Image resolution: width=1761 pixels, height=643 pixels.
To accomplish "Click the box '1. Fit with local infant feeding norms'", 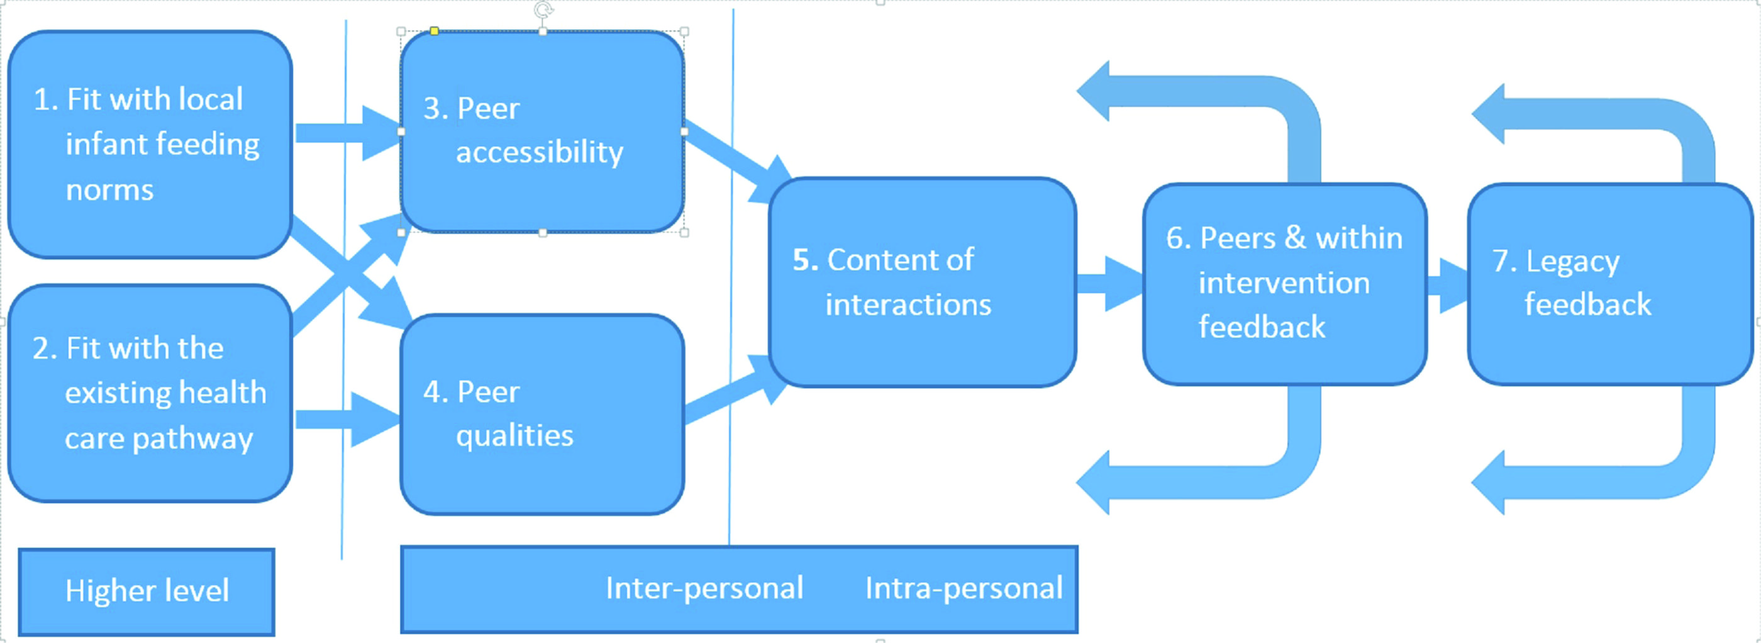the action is [x=150, y=144].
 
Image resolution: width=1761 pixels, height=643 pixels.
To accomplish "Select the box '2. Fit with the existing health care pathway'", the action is [x=150, y=393].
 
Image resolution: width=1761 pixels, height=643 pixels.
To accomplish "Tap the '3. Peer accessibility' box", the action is [x=543, y=131].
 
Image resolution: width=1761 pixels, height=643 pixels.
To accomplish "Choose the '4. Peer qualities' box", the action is [x=543, y=415].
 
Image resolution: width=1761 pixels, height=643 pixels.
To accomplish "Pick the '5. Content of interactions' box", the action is [x=923, y=282].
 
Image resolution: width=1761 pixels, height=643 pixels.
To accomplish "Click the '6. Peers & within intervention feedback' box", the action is [x=1285, y=284].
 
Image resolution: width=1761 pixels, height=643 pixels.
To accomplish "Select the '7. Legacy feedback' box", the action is [x=1611, y=284].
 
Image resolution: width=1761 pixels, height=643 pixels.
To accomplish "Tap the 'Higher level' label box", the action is [x=147, y=591].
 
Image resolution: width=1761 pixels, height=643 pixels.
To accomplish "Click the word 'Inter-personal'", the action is [x=704, y=588].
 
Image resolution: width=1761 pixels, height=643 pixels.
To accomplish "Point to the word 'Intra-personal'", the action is [x=964, y=588].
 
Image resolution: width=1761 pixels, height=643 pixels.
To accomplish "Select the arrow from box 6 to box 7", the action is [x=1448, y=285].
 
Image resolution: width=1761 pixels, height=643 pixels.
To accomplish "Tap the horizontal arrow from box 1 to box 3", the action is [x=347, y=133].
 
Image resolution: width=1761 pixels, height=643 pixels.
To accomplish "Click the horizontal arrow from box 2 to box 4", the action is [x=347, y=419].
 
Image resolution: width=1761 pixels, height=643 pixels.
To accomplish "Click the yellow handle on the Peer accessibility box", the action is [x=434, y=31].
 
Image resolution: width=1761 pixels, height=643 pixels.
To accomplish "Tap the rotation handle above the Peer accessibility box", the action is [x=543, y=9].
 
